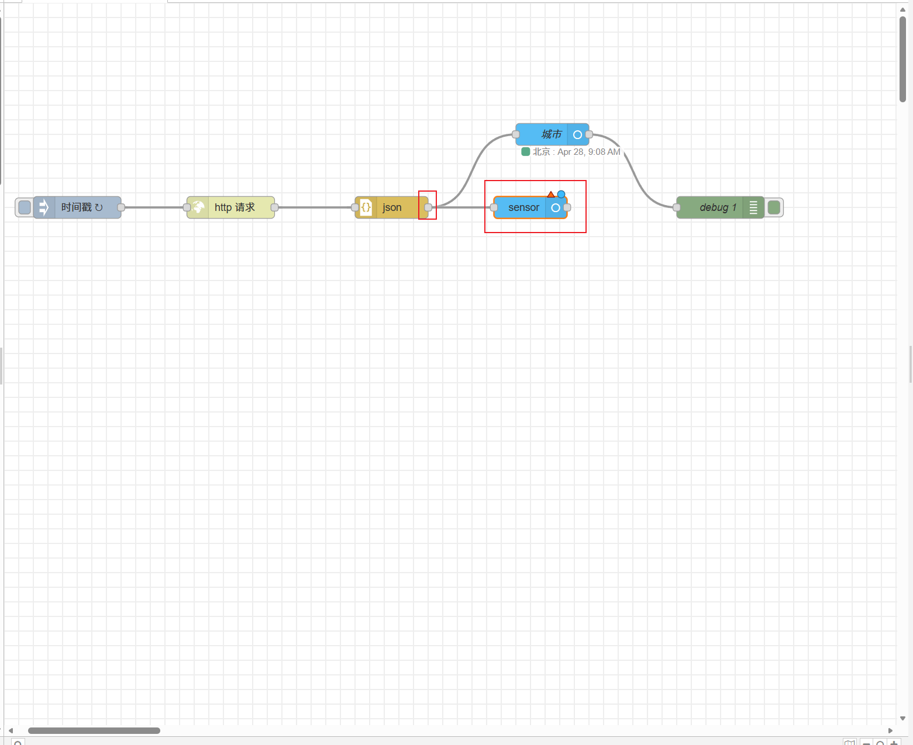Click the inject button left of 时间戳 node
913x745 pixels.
(25, 207)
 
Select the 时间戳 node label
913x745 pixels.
(77, 207)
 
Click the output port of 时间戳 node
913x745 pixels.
(121, 207)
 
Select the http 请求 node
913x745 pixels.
(235, 207)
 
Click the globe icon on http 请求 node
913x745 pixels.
(198, 207)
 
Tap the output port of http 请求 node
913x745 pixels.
(274, 207)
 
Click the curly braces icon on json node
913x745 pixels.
(366, 207)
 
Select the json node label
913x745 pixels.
(392, 207)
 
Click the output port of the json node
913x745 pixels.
(428, 207)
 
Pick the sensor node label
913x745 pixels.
(523, 207)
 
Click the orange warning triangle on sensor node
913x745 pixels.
(551, 195)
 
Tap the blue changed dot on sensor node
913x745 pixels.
(561, 194)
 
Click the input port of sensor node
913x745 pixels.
(494, 207)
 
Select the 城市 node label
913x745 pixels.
(551, 134)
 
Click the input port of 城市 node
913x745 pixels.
(516, 134)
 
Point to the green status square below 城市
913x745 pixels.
(526, 152)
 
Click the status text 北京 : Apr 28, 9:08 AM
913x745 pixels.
(576, 152)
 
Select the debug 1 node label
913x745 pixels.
(718, 207)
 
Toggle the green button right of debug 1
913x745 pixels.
(774, 207)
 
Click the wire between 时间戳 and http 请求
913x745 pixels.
(154, 207)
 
